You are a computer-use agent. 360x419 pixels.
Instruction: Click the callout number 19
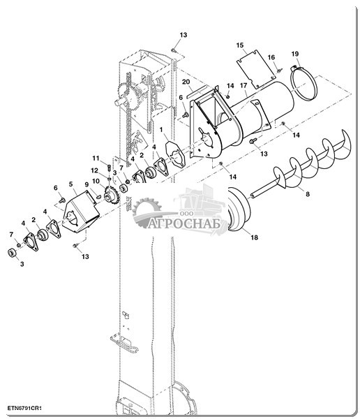click(x=295, y=54)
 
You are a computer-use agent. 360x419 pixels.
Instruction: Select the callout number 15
click(x=240, y=45)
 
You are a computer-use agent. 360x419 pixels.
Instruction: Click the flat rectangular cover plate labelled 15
click(x=256, y=69)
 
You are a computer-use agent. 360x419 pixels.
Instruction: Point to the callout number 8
click(x=308, y=193)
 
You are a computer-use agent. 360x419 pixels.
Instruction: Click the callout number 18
click(x=254, y=237)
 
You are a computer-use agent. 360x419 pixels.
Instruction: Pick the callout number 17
click(x=243, y=85)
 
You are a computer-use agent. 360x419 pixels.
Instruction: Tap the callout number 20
click(x=186, y=82)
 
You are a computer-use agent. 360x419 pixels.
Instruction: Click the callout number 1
click(x=161, y=130)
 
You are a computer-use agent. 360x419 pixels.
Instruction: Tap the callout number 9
click(x=87, y=184)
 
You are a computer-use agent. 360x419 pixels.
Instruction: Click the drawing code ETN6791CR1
click(x=24, y=408)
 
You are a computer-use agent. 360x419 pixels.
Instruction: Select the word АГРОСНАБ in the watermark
click(x=184, y=223)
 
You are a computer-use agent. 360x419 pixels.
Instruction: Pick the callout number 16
click(x=271, y=57)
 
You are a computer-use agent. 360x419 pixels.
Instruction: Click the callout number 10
click(x=96, y=182)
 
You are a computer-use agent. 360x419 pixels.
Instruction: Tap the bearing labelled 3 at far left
click(x=11, y=253)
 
